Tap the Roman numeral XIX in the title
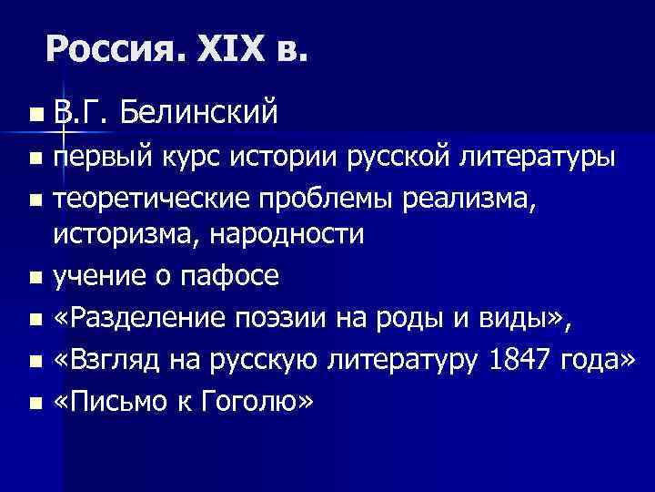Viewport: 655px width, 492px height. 227,46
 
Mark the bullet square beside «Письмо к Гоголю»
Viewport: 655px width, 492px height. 35,401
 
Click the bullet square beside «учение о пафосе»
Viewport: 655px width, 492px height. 35,275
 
